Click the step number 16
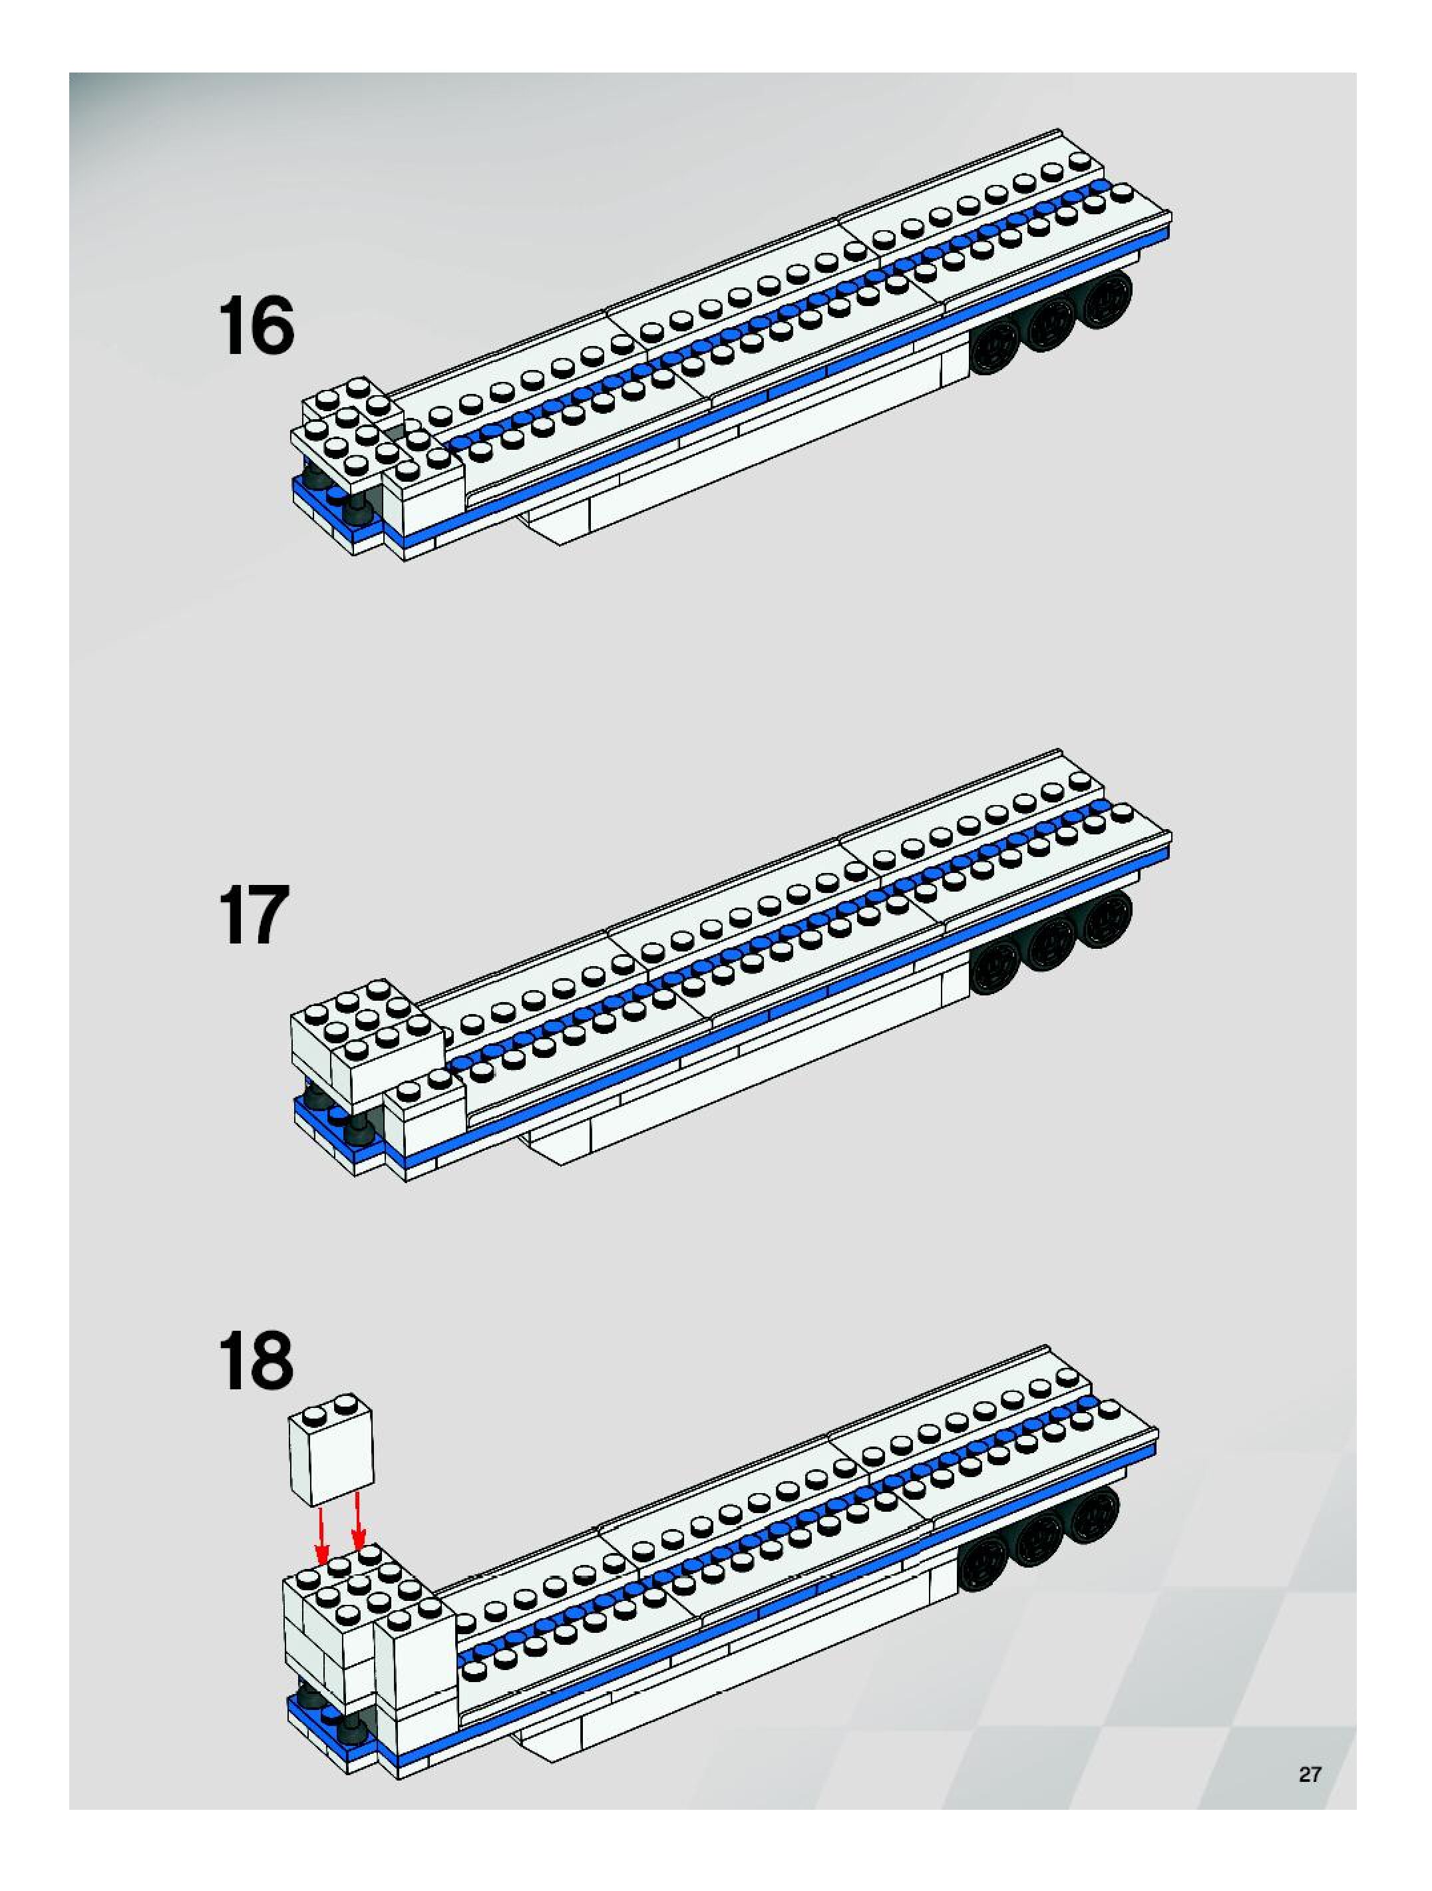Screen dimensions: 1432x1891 256,327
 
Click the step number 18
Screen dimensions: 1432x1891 256,1360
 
